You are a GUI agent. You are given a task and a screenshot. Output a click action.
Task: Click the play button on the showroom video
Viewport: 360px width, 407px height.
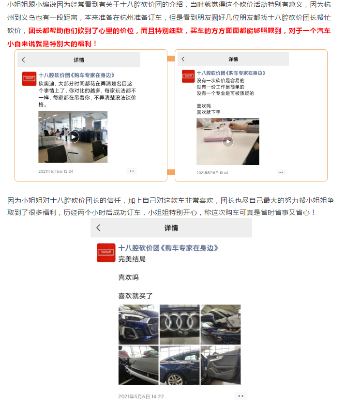[x=74, y=137]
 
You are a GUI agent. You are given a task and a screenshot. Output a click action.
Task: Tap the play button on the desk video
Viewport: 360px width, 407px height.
[x=228, y=141]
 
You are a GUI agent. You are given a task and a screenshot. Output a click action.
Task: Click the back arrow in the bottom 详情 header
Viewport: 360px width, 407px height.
[x=98, y=227]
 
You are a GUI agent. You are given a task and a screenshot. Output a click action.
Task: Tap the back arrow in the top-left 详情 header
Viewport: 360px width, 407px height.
[x=23, y=60]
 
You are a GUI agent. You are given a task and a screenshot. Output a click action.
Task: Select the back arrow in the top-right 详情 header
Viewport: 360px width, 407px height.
[x=183, y=59]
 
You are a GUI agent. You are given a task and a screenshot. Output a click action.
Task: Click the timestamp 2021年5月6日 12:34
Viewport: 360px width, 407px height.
[x=56, y=171]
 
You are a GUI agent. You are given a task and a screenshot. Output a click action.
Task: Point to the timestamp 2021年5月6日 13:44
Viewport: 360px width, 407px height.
[x=212, y=173]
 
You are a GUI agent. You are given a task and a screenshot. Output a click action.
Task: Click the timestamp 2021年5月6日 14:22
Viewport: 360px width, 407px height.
[x=141, y=396]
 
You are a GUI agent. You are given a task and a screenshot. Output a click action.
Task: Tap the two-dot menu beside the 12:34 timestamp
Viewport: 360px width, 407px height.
[x=132, y=171]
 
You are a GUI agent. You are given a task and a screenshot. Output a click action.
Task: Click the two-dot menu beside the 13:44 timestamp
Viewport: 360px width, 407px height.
[x=281, y=172]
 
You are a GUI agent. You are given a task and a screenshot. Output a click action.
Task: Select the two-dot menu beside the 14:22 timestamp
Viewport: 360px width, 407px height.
[x=241, y=396]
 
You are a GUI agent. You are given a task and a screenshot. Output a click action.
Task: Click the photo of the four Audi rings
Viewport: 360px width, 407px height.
[x=180, y=324]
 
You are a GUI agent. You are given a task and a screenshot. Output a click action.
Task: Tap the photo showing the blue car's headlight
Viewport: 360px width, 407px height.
[x=138, y=324]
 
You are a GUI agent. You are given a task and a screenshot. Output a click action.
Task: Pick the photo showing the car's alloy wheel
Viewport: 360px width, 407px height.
[x=180, y=365]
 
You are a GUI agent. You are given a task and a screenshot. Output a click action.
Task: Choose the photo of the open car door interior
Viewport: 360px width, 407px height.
[x=221, y=365]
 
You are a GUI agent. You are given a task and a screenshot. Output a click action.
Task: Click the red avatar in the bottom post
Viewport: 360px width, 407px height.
[x=106, y=253]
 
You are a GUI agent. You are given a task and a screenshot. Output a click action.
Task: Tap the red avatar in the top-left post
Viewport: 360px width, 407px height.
[x=30, y=79]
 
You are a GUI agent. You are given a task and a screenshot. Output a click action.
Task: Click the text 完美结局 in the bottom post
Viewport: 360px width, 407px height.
[x=132, y=259]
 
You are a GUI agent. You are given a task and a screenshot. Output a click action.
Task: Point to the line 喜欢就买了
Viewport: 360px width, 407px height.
[x=135, y=296]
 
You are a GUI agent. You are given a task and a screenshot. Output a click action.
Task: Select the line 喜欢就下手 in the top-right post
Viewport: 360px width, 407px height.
[x=209, y=112]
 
